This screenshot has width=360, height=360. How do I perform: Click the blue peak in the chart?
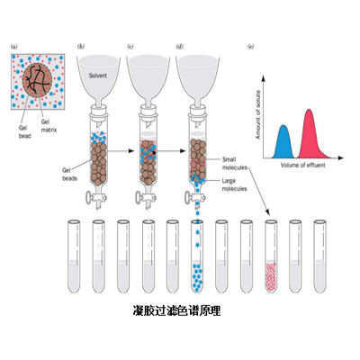(283, 142)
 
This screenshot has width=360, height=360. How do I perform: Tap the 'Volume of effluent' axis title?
(302, 165)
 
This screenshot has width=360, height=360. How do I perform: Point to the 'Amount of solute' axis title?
(257, 114)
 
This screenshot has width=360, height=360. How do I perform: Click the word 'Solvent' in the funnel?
(98, 76)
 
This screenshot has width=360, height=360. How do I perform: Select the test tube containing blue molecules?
(197, 256)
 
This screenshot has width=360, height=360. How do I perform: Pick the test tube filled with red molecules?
(271, 256)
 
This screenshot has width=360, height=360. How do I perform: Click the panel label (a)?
(14, 47)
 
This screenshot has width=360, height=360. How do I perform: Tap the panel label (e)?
(250, 47)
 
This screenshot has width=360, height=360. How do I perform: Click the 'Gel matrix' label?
(49, 126)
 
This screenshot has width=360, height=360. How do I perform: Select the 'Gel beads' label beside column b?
(69, 175)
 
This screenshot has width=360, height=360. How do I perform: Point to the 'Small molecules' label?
(235, 164)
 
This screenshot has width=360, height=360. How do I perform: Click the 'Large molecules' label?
(235, 184)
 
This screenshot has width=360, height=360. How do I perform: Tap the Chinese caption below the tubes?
(176, 310)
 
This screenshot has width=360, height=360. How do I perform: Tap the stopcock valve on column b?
(94, 198)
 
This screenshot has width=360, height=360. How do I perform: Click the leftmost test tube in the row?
(74, 256)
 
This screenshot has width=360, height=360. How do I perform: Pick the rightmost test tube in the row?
(320, 256)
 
